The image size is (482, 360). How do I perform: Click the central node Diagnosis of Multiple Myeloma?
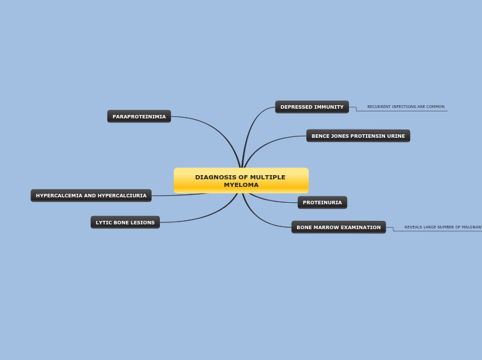pos(240,181)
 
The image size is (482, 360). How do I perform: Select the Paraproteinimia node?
pos(139,116)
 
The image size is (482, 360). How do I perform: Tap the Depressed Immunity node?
pos(312,107)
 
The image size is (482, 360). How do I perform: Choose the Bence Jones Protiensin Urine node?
pos(358,136)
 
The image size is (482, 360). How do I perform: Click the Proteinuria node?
pos(322,202)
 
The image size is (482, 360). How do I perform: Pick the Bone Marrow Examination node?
pos(338,227)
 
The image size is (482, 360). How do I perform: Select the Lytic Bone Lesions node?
pos(125,222)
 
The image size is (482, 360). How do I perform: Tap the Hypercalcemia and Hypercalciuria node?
pos(91,195)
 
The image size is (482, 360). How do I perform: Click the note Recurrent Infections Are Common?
pos(406,107)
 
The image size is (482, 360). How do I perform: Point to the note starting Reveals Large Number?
pos(443,227)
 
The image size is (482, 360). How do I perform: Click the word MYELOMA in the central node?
pos(241,185)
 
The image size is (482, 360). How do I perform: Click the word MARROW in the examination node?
pos(329,227)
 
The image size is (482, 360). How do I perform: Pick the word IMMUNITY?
pos(328,107)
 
